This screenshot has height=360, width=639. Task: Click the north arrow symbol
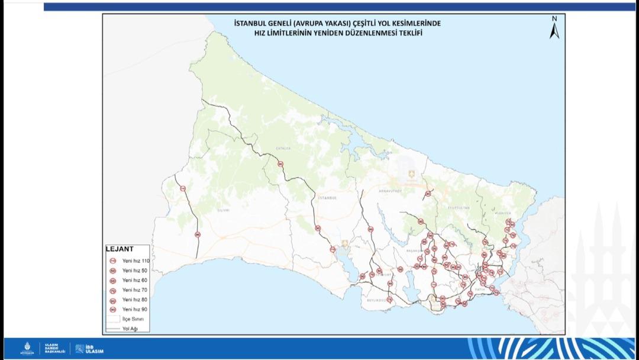(554, 28)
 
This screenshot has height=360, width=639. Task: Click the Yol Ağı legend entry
(128, 328)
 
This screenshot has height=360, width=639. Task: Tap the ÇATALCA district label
(283, 149)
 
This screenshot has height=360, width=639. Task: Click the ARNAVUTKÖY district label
(390, 191)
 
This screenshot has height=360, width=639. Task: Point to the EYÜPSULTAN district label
(456, 208)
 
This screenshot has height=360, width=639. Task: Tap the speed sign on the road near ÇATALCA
(280, 164)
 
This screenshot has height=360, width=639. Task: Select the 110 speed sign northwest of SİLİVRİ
(183, 189)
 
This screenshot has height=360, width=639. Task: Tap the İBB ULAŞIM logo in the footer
(89, 349)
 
